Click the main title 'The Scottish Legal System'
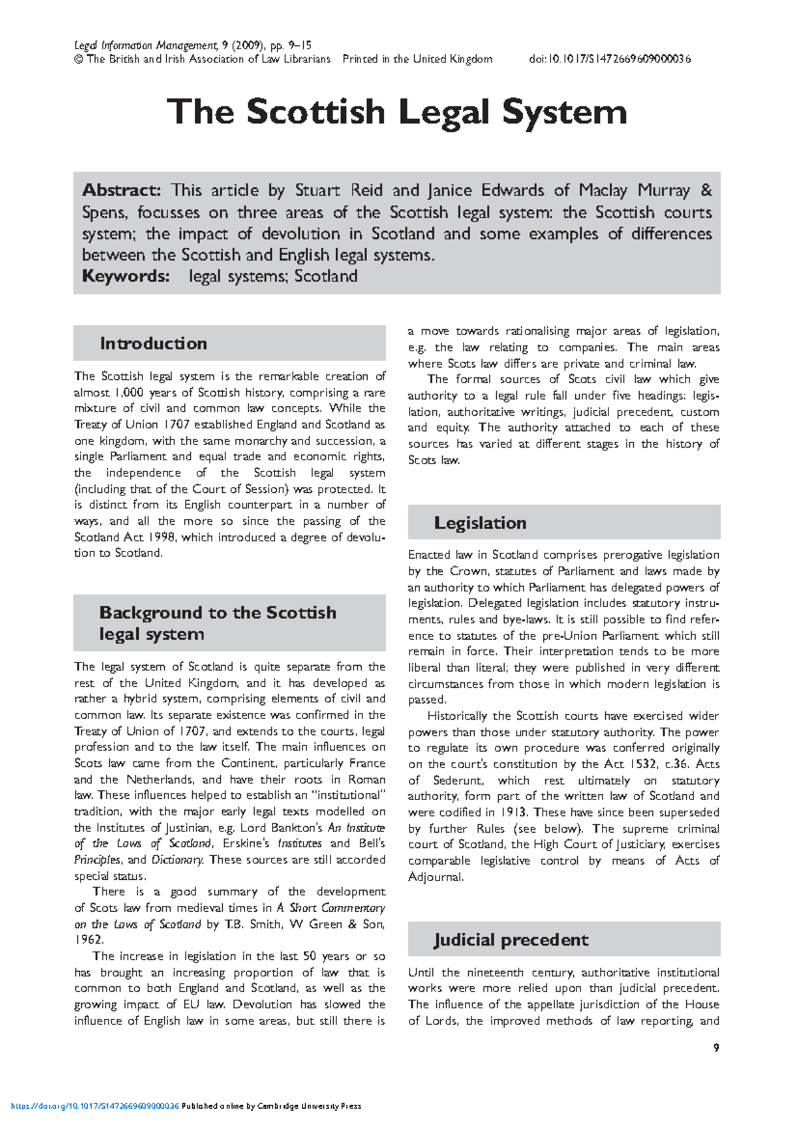point(397,112)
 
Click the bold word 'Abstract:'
point(121,191)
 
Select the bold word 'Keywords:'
point(126,277)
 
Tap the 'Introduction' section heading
point(154,344)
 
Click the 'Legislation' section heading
point(480,523)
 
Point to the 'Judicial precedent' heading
point(511,940)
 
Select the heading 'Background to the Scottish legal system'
point(217,623)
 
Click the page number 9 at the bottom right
point(716,1048)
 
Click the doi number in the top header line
point(610,59)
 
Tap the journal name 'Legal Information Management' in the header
point(146,46)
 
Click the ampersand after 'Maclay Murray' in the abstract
point(706,191)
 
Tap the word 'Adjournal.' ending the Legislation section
point(436,877)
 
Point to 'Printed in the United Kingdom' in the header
point(418,59)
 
